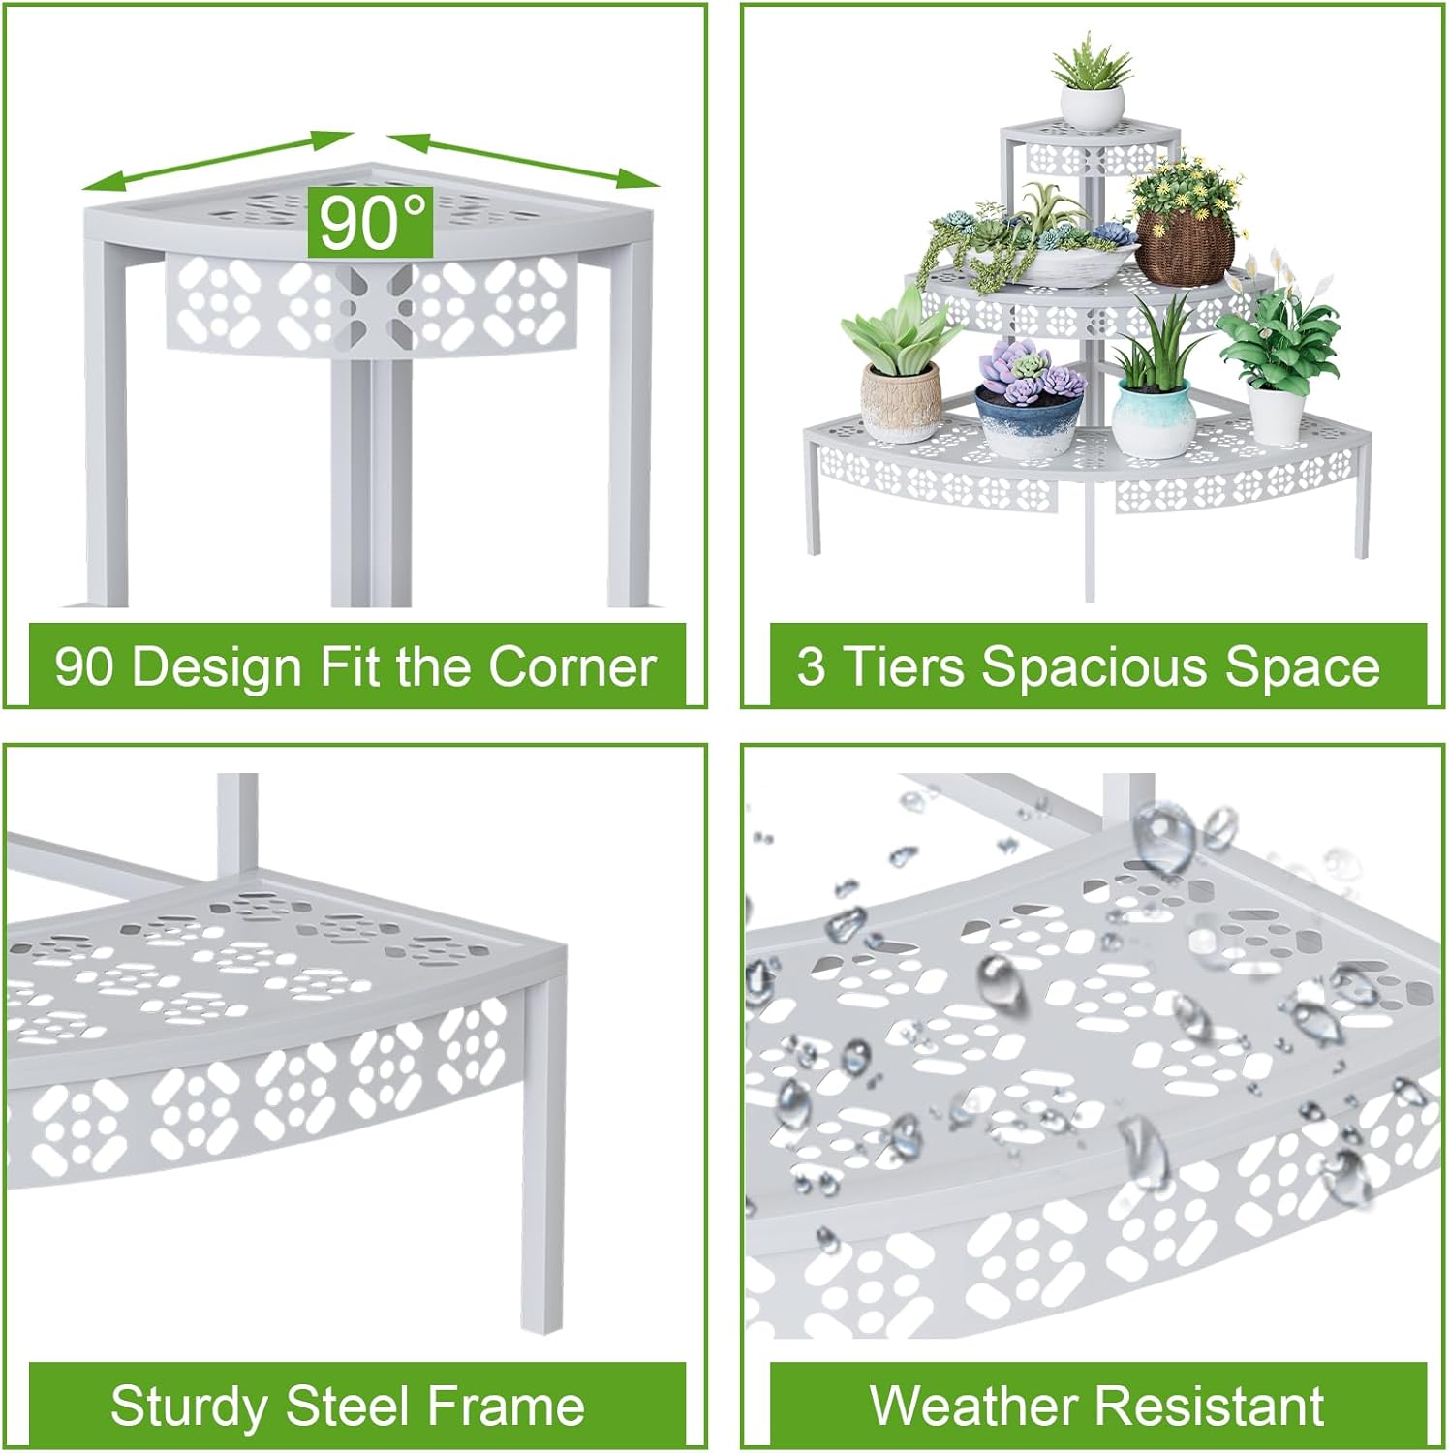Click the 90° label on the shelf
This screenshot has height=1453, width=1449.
[370, 222]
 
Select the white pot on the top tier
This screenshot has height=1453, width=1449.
[1092, 106]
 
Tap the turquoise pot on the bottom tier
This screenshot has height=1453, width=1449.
[1152, 417]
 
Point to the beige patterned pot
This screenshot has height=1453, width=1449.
[900, 402]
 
